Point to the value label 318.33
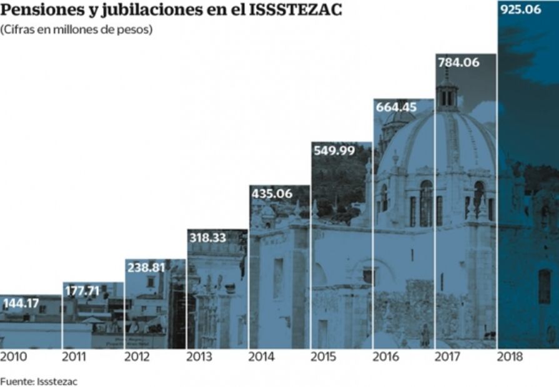(208, 237)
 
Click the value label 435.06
(272, 193)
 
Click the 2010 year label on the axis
(13, 357)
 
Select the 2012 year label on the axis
(137, 357)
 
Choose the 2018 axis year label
(510, 357)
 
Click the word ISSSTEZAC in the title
(296, 11)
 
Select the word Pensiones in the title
(39, 11)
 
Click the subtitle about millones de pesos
(76, 29)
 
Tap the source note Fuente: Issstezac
(39, 381)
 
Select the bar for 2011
(92, 318)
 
